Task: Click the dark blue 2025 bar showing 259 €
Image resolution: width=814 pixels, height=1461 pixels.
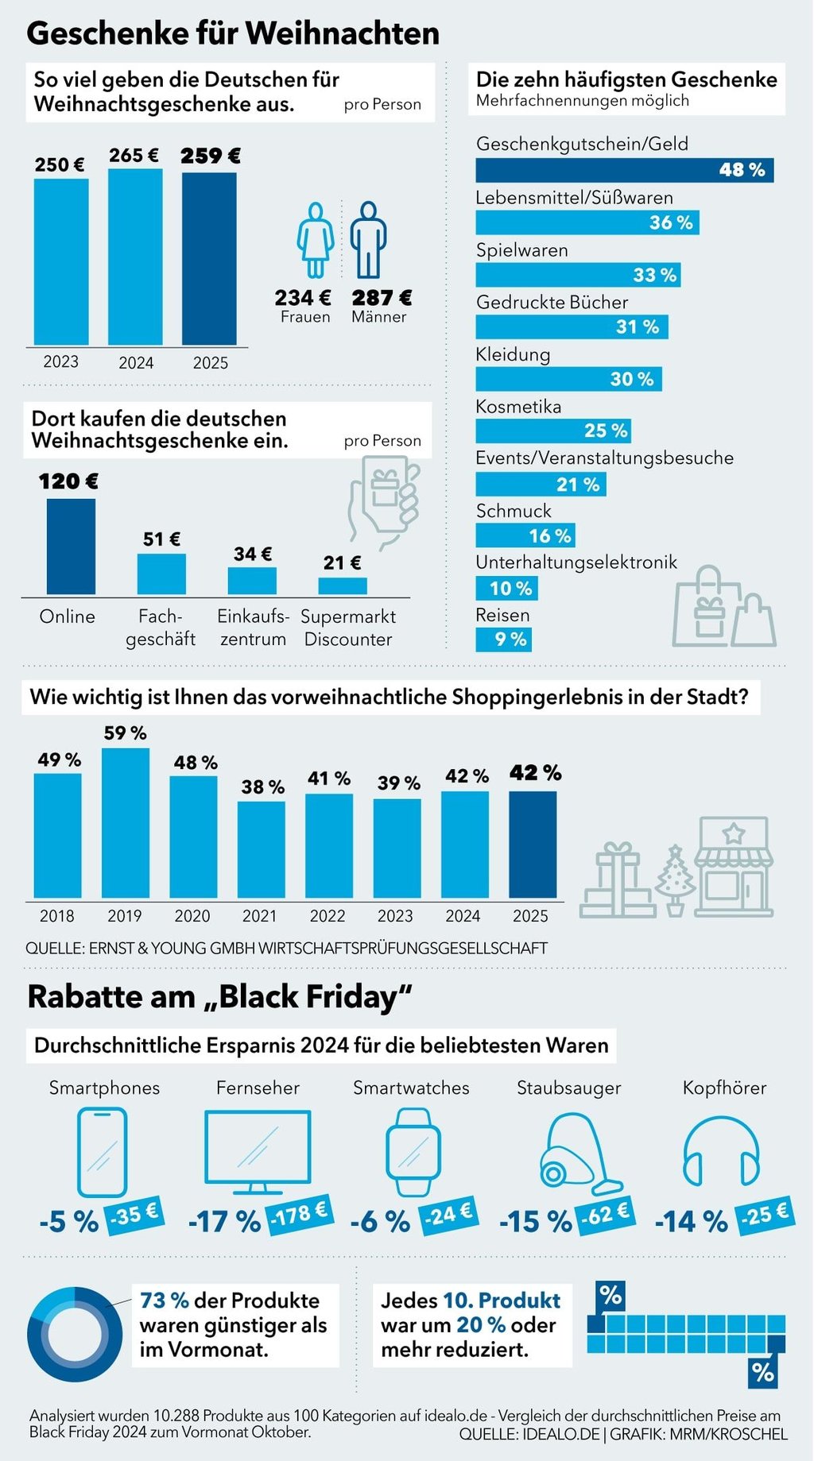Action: [x=209, y=258]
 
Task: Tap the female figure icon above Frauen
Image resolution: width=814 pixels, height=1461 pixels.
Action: [x=316, y=239]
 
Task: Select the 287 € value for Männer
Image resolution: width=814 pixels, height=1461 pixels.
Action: [x=382, y=298]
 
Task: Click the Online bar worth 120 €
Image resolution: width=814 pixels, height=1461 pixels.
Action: [x=71, y=547]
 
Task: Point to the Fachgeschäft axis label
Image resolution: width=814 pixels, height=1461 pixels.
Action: [x=161, y=628]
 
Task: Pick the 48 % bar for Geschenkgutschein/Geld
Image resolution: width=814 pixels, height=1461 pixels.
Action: [x=624, y=170]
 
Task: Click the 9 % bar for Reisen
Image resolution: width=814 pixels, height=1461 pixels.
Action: [x=503, y=640]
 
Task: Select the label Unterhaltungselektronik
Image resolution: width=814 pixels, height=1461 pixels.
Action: [x=576, y=562]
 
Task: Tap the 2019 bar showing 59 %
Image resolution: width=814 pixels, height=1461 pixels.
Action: [x=126, y=822]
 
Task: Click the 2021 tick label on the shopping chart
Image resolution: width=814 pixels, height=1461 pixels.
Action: [x=260, y=916]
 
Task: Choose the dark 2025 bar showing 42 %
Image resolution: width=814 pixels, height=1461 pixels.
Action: [x=533, y=845]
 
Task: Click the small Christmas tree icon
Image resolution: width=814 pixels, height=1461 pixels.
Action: [x=675, y=879]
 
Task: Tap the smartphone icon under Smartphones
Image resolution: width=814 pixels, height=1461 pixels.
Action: [x=102, y=1152]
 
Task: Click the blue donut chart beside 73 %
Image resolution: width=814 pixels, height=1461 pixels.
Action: [x=75, y=1335]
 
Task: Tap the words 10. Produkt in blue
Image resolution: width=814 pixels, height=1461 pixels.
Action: [x=501, y=1301]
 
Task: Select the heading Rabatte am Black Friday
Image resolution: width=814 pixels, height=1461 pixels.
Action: [x=220, y=996]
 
